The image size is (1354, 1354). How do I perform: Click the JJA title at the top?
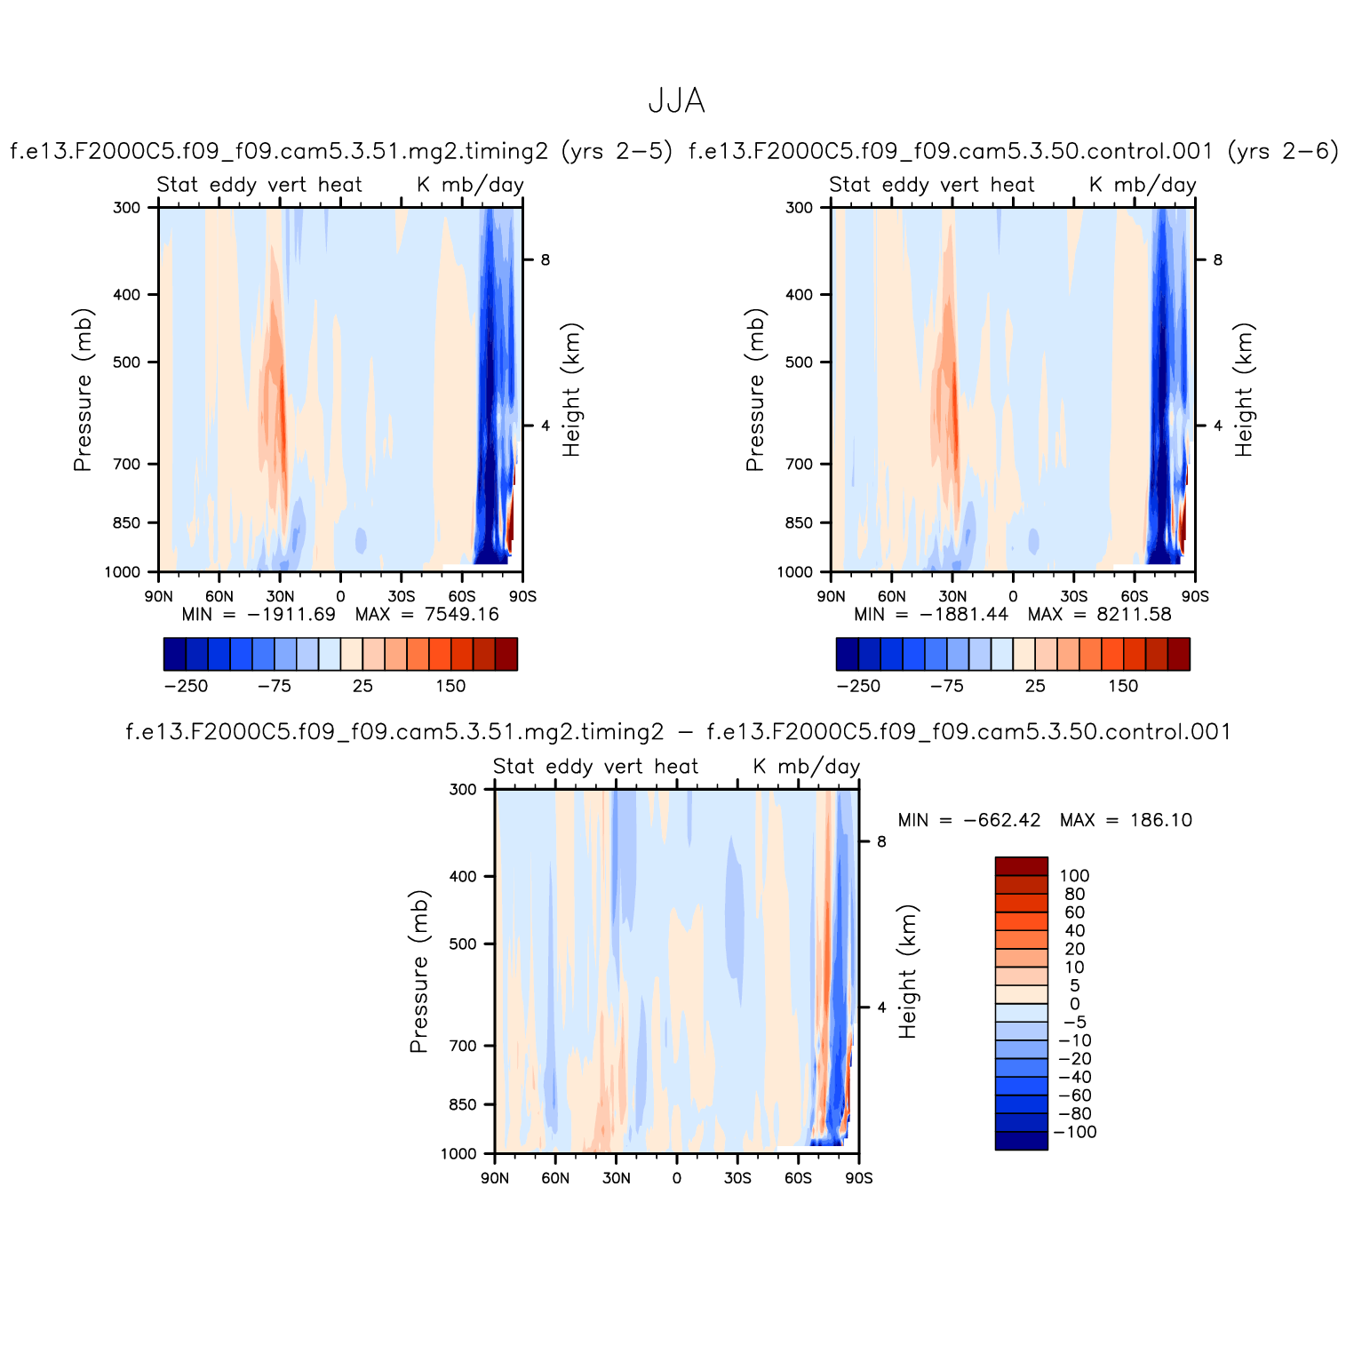(676, 101)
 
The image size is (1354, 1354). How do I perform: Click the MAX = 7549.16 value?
(427, 614)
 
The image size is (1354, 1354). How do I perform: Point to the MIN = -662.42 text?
(969, 820)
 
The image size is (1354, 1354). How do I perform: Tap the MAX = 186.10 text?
(1126, 820)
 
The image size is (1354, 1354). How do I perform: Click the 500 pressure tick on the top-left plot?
(127, 362)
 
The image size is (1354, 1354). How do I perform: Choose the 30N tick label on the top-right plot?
(952, 596)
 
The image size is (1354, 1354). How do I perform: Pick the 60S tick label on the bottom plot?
(798, 1178)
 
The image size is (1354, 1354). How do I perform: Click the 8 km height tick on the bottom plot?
(881, 841)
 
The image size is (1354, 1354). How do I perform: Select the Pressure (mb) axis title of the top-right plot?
(754, 389)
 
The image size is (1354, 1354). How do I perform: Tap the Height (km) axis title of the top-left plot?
(571, 389)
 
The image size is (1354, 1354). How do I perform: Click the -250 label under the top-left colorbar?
(186, 686)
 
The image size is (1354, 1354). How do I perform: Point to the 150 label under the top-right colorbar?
(1123, 686)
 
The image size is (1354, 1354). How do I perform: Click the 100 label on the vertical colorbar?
(1073, 876)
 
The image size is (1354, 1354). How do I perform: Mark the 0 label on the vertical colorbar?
(1075, 1004)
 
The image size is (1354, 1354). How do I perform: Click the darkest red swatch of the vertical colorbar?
(1021, 866)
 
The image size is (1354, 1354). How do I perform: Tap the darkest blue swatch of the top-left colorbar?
(175, 654)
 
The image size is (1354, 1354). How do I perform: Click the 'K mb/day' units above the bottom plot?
(807, 767)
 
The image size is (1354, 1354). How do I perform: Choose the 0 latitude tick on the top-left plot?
(340, 596)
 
